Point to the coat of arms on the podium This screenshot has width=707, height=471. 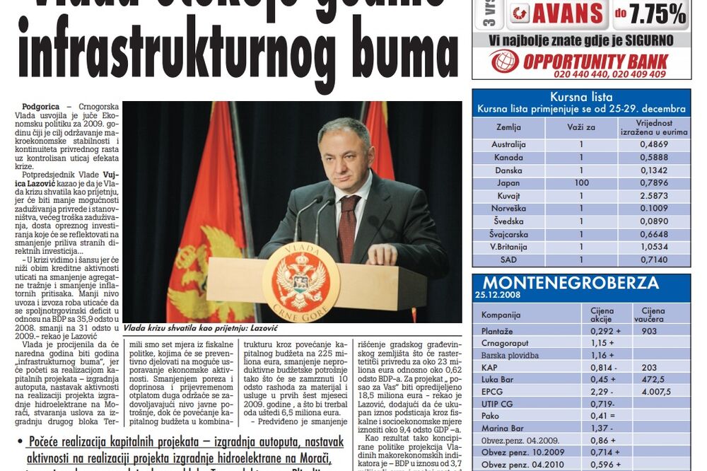tap(300, 281)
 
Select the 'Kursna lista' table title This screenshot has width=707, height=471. tap(580, 98)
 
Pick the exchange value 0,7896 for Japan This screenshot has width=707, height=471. tap(654, 182)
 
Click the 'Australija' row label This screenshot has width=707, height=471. tap(508, 144)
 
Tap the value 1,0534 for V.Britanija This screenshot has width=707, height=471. tap(654, 247)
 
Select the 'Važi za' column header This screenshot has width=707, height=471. tap(581, 127)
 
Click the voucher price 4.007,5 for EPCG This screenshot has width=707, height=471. tap(656, 392)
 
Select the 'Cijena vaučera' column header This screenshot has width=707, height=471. tap(653, 315)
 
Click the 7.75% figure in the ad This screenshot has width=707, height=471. tap(660, 13)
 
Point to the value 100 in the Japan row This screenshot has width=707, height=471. tap(581, 182)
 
